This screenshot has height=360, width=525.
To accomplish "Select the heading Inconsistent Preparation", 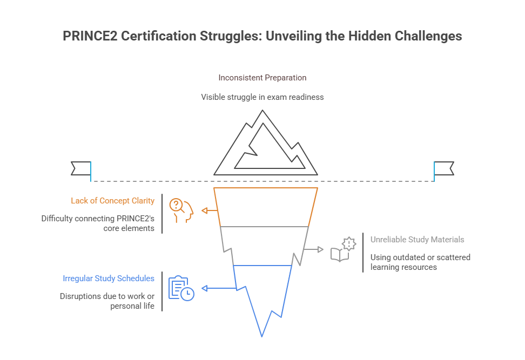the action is click(x=262, y=78).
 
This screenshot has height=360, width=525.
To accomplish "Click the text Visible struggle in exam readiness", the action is click(x=262, y=97).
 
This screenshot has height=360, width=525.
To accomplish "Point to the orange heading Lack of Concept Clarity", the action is click(x=112, y=201).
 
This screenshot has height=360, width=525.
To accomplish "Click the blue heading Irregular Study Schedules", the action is click(x=109, y=279).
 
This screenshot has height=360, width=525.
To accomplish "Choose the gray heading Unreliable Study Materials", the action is click(x=417, y=239).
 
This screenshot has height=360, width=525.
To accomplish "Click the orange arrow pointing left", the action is click(x=208, y=210).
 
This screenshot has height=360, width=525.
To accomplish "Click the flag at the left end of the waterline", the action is click(x=80, y=168).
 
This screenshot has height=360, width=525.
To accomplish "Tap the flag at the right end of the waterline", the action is click(x=445, y=168).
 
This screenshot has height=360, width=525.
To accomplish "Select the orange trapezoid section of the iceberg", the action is click(x=265, y=207).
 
